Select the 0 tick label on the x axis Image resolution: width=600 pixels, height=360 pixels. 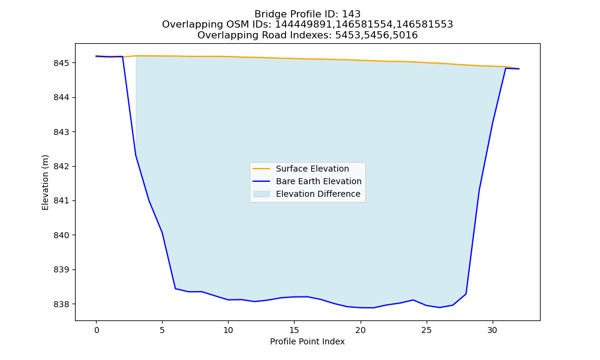point(97,330)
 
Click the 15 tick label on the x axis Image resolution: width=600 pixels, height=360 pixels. point(294,330)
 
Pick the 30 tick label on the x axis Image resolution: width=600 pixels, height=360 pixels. point(493,330)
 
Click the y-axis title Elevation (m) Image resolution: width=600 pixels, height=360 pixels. point(45,182)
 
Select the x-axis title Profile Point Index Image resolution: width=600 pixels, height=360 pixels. point(307,341)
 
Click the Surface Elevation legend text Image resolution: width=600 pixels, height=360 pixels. point(312,169)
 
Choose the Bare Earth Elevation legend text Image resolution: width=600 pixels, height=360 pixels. point(319,181)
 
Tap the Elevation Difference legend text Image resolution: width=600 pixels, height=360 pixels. point(318,194)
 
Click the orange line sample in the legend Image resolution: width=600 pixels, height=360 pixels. point(262,169)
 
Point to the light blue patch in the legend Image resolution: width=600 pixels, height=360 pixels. point(262,194)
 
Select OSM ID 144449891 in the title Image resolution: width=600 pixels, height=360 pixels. point(303,25)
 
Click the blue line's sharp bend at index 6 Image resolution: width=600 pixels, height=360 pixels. point(175,289)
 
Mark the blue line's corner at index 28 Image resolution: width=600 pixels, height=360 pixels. point(466,294)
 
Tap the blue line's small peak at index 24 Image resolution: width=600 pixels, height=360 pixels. point(413,300)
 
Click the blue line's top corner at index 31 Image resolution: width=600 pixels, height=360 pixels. point(505,68)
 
